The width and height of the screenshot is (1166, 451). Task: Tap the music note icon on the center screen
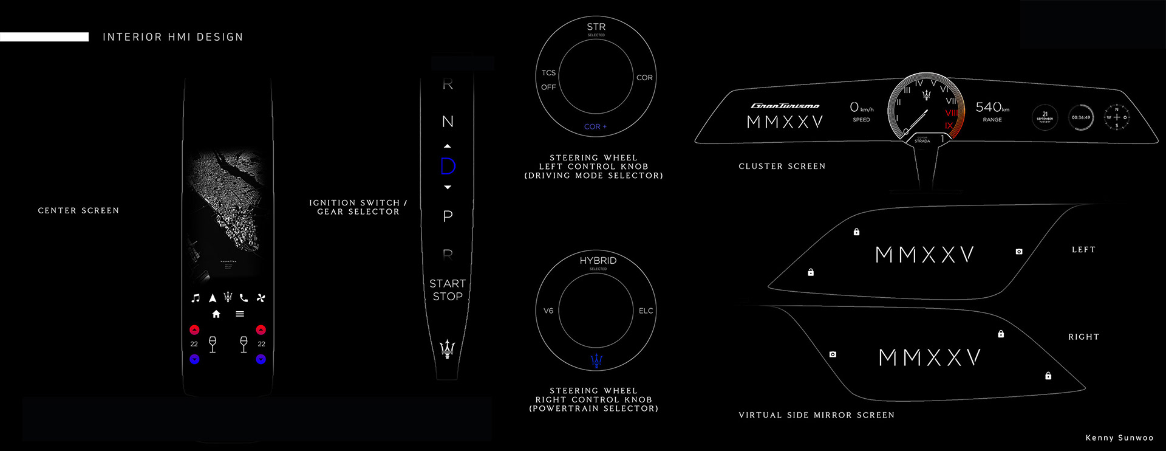[x=195, y=298]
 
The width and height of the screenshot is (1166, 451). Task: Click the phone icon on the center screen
[x=244, y=298]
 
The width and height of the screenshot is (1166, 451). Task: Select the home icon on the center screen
[x=216, y=314]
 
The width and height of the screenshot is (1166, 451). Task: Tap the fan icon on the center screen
[x=261, y=298]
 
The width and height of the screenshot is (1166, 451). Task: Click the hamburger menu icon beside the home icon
[x=240, y=314]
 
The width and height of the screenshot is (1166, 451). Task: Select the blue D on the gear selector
[x=448, y=166]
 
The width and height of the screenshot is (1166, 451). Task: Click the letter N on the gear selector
[x=448, y=122]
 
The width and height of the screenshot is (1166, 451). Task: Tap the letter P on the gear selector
[x=448, y=216]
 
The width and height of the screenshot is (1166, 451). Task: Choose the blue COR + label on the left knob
[x=595, y=126]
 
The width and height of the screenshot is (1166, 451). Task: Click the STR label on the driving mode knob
[x=596, y=27]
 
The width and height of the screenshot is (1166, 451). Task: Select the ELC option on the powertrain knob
[x=646, y=311]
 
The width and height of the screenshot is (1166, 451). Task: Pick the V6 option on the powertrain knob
[x=548, y=311]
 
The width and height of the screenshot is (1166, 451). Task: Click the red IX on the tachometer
[x=949, y=126]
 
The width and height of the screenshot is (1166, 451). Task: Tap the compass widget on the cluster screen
[x=1116, y=117]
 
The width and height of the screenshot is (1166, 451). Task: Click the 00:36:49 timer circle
[x=1080, y=117]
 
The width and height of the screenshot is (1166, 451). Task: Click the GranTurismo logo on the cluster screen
[x=785, y=106]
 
